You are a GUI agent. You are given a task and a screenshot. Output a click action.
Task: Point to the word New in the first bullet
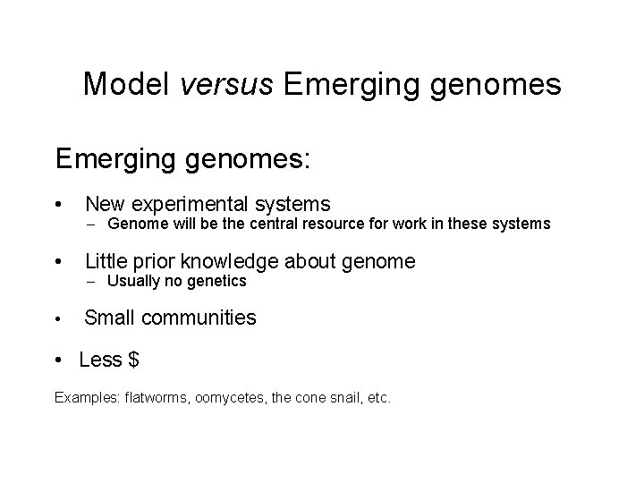pos(106,205)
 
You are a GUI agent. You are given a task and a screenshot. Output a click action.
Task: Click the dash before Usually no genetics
pos(92,282)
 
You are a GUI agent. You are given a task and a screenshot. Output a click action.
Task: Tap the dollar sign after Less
pos(133,360)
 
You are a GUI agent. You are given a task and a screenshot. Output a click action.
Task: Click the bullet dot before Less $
pos(59,360)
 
